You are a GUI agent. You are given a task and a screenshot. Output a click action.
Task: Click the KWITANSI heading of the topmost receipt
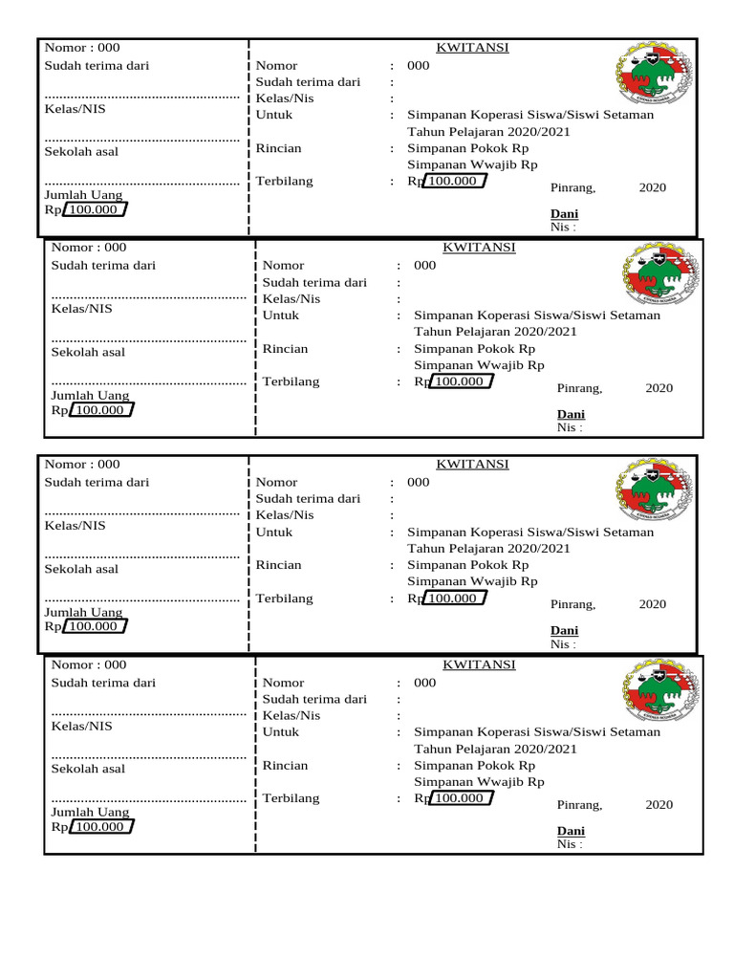472,48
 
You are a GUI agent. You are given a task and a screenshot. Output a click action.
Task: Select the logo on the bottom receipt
660,696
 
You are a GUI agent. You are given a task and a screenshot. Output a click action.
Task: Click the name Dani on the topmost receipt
564,213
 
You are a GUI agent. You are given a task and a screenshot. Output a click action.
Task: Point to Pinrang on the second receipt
579,388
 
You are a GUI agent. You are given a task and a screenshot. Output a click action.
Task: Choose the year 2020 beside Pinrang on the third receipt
653,604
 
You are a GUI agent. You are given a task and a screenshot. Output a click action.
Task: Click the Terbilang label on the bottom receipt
291,798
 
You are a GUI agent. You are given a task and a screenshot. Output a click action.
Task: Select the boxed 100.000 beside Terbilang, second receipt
460,381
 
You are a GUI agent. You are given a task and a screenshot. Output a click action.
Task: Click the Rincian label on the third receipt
278,565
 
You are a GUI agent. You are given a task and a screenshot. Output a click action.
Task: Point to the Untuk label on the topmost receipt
274,115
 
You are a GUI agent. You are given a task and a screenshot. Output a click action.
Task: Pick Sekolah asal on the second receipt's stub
88,352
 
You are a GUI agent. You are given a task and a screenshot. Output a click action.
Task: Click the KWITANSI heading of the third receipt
472,465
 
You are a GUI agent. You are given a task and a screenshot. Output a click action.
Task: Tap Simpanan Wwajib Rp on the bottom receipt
479,781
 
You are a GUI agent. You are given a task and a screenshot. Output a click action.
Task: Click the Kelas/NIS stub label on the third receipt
75,526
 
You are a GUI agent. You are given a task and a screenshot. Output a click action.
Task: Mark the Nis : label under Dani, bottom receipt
569,844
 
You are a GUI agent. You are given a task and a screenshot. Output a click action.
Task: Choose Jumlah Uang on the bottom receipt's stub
90,813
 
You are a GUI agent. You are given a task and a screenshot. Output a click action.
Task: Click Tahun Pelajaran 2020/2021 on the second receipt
495,332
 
